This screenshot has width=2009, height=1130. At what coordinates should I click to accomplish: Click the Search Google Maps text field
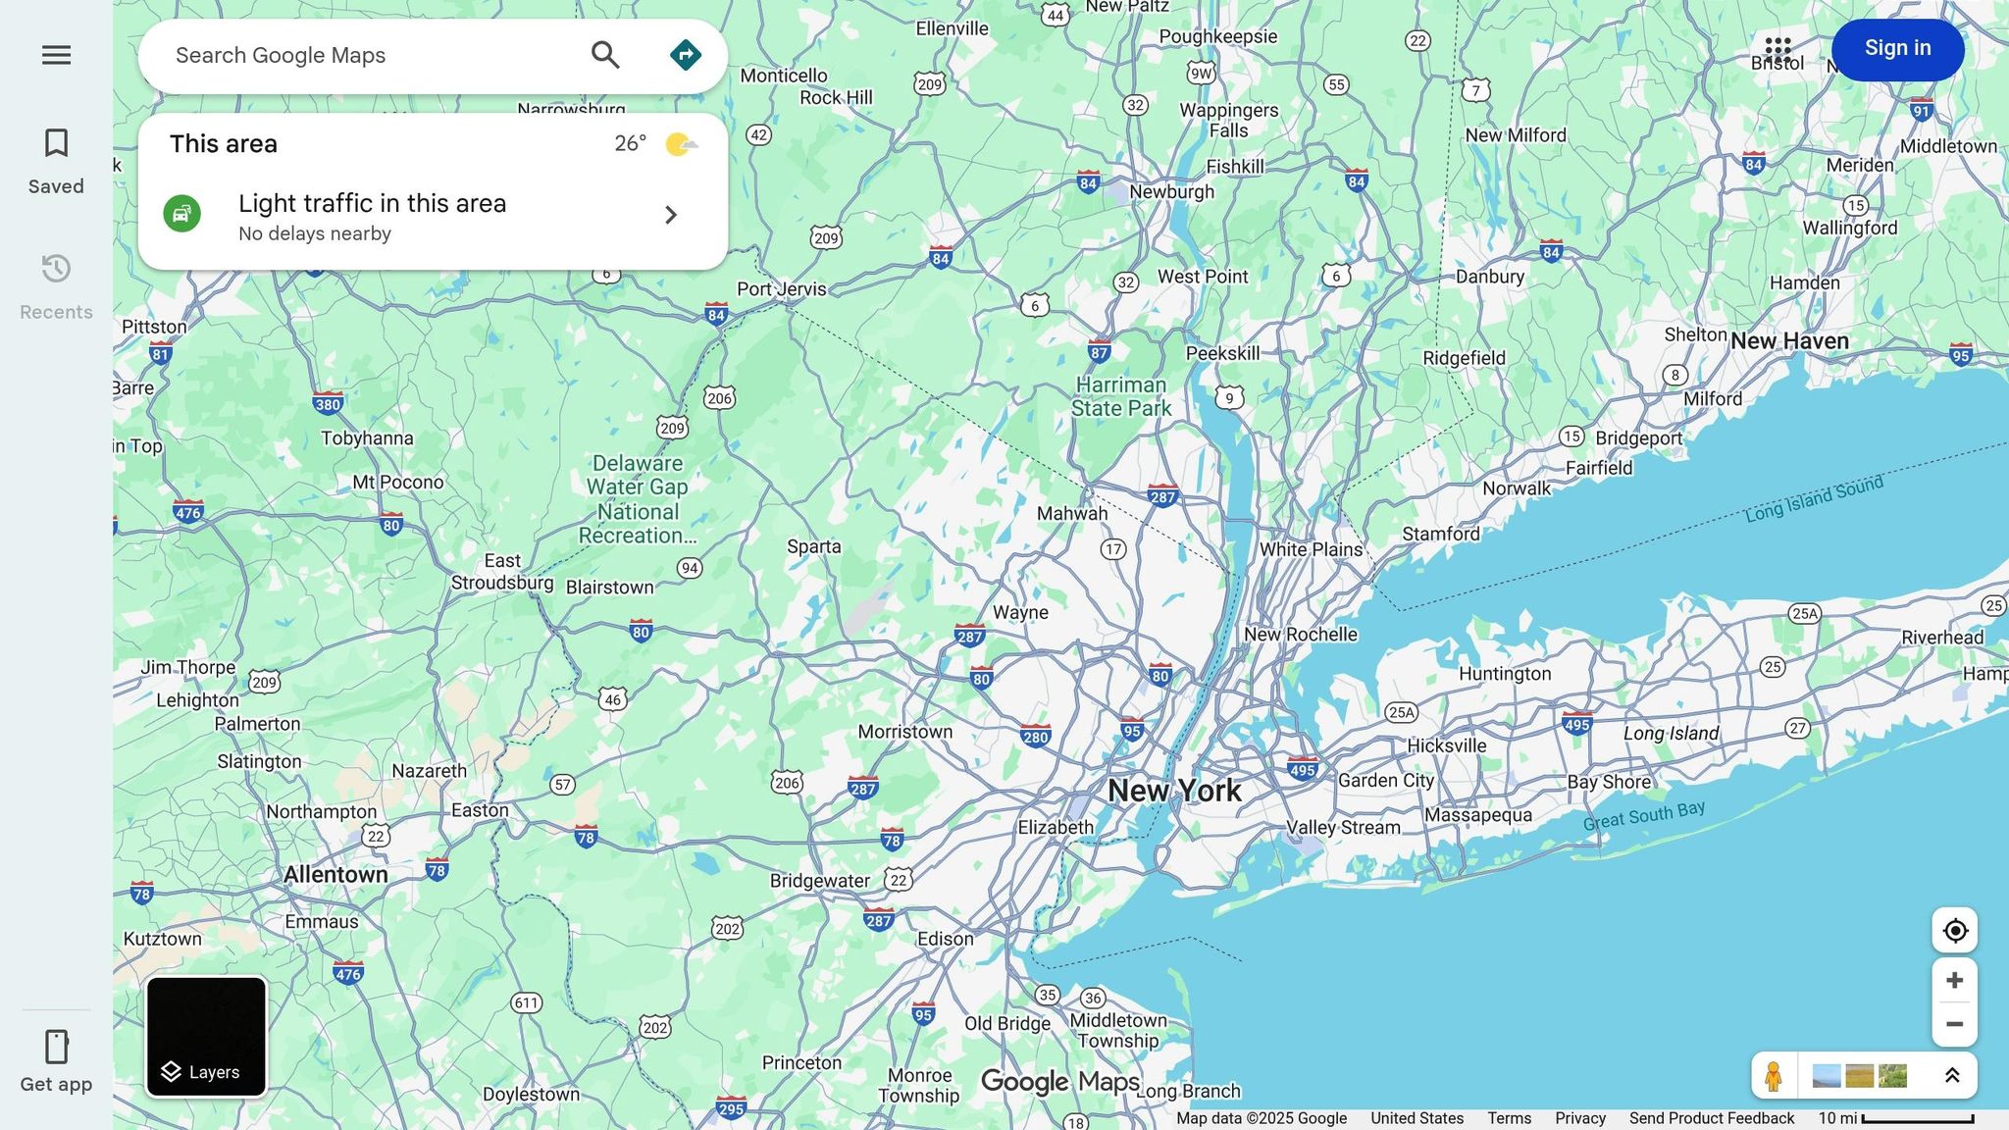[x=373, y=56]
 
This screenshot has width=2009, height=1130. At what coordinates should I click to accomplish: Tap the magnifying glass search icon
[x=605, y=56]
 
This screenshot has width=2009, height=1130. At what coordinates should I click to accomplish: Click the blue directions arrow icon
[x=685, y=56]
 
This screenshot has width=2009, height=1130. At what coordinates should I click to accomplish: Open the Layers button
[x=206, y=1037]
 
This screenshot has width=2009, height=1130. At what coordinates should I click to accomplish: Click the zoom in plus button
[x=1954, y=981]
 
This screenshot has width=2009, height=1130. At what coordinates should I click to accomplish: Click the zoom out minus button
[x=1954, y=1024]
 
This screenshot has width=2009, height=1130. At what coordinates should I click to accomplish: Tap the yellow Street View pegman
[x=1773, y=1076]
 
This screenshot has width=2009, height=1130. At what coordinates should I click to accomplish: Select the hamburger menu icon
[x=56, y=55]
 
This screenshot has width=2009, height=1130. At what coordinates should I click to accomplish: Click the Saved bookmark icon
[x=56, y=144]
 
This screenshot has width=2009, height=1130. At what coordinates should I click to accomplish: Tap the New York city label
[x=1174, y=791]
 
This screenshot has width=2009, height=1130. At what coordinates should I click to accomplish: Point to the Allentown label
[x=335, y=874]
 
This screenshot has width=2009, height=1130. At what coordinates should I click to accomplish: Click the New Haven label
[x=1789, y=341]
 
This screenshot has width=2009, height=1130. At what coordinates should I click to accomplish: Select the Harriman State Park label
[x=1121, y=396]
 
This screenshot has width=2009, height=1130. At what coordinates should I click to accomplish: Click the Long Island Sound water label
[x=1814, y=498]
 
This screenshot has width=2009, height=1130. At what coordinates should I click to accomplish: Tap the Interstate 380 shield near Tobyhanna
[x=328, y=403]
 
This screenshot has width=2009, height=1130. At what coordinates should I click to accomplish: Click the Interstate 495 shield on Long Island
[x=1576, y=724]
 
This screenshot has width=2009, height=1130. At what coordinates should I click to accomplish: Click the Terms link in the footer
[x=1509, y=1118]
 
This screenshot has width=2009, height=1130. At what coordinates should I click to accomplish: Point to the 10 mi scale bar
[x=1917, y=1119]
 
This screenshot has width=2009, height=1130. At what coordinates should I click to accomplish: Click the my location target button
[x=1954, y=930]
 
